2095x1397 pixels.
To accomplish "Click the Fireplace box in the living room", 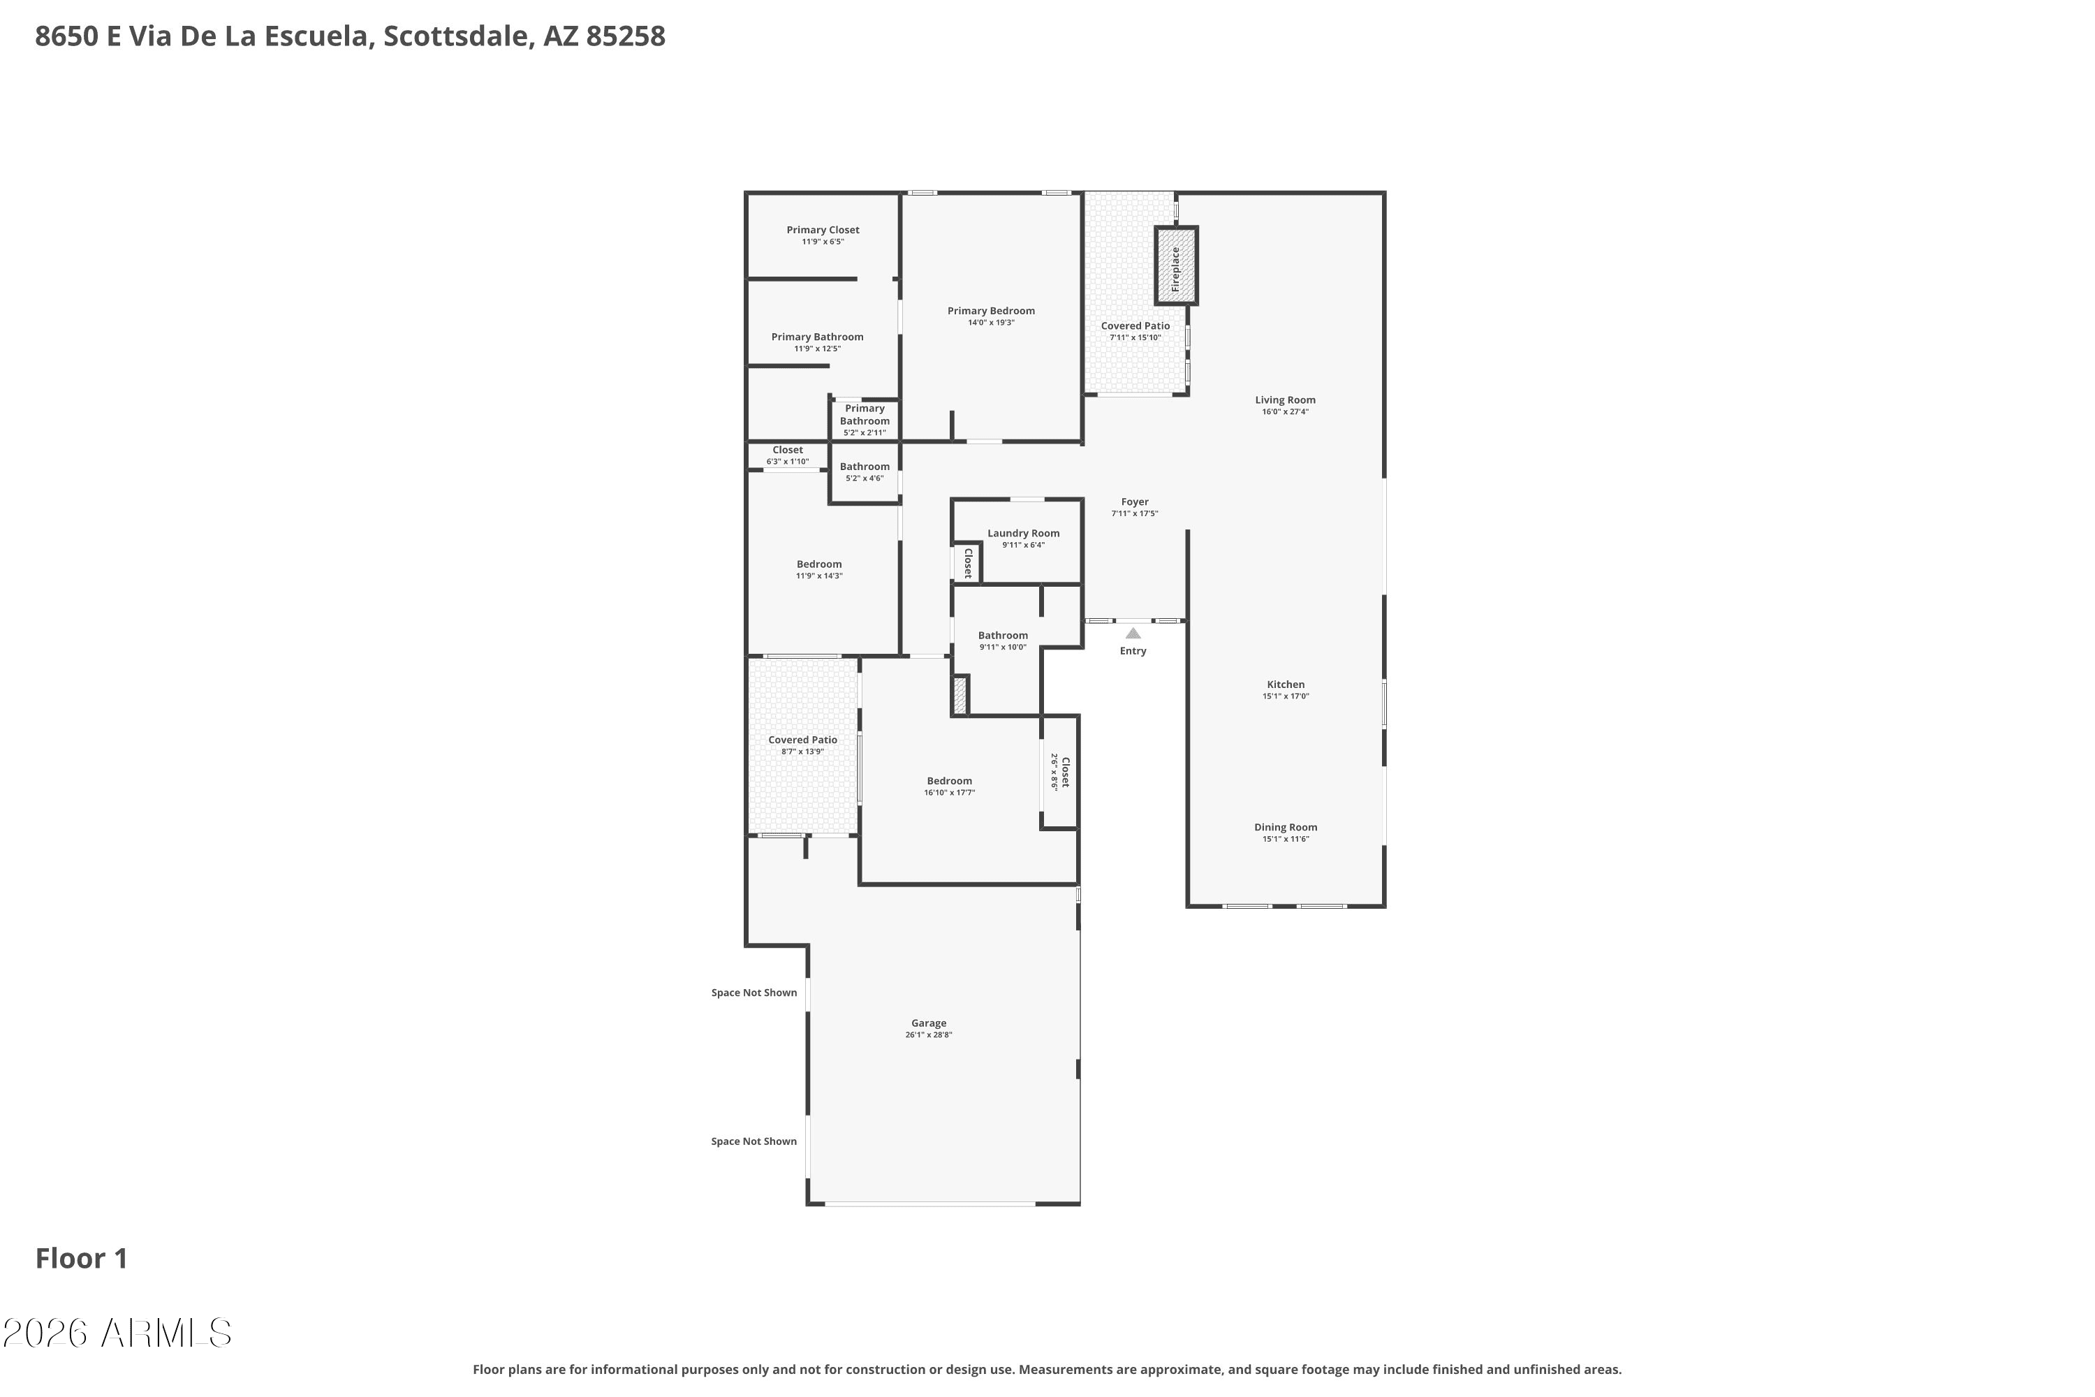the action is point(1176,265).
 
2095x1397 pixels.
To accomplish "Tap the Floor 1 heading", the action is point(82,1258).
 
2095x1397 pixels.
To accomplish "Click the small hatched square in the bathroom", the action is point(960,695).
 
